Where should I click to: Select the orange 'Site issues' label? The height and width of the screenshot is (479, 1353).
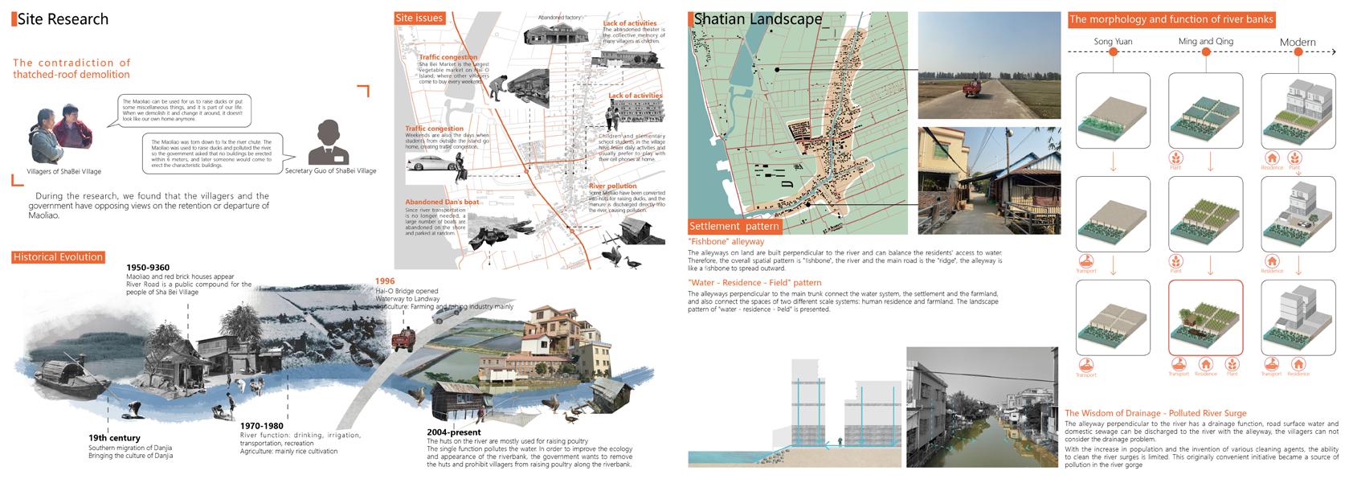(x=419, y=18)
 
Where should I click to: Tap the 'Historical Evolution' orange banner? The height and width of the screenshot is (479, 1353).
(x=58, y=257)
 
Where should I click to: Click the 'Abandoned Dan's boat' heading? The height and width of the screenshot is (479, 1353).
(x=442, y=202)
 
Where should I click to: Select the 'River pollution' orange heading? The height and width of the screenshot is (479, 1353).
(x=612, y=186)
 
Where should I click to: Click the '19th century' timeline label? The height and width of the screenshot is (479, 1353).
(x=114, y=438)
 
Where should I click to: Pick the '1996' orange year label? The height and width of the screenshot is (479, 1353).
(x=385, y=280)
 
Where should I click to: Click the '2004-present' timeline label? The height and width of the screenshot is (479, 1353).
(x=454, y=432)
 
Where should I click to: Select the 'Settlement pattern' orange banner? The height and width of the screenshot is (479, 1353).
(x=734, y=227)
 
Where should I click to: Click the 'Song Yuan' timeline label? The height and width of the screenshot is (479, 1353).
(x=1113, y=41)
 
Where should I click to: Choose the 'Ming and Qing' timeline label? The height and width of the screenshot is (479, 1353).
(x=1205, y=41)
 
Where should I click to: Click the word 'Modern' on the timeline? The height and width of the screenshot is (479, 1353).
(x=1298, y=42)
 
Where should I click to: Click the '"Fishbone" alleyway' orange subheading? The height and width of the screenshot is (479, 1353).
(x=726, y=241)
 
